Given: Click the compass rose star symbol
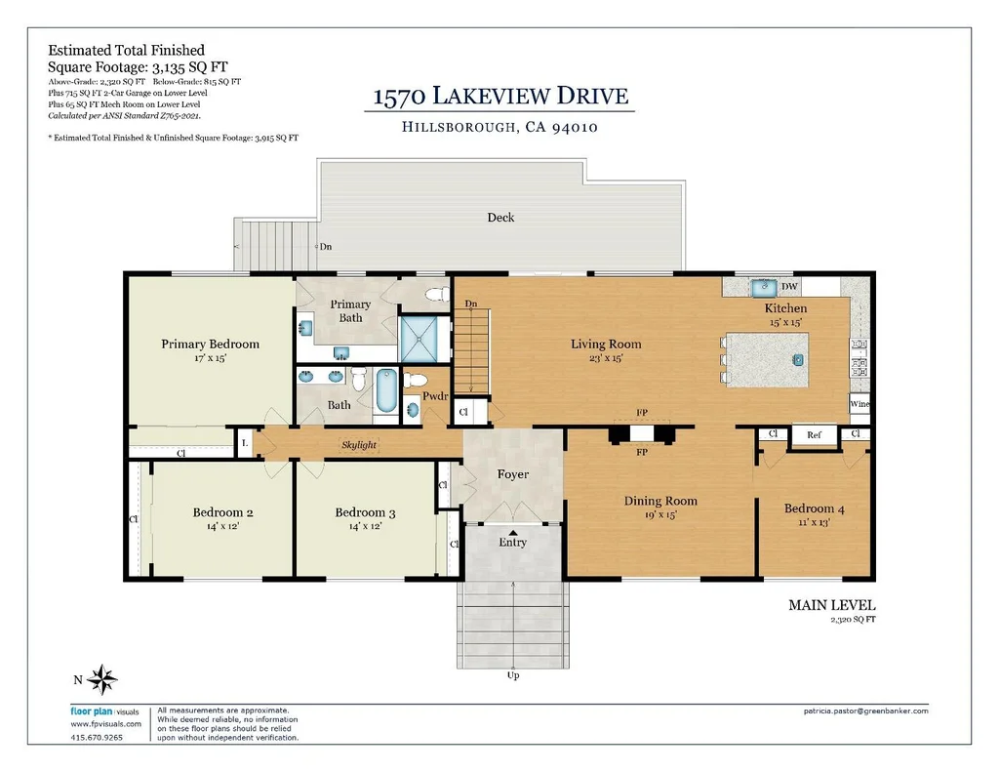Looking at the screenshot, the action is pyautogui.click(x=101, y=679).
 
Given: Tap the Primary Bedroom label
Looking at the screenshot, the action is pyautogui.click(x=211, y=345).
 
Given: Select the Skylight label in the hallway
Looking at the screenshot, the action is pyautogui.click(x=359, y=445).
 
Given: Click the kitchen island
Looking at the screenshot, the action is pyautogui.click(x=768, y=360).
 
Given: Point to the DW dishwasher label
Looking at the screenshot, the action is pyautogui.click(x=789, y=287).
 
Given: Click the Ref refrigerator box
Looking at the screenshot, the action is pyautogui.click(x=815, y=435).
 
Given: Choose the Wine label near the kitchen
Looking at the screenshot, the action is pyautogui.click(x=859, y=403).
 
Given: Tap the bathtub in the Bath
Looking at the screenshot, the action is pyautogui.click(x=386, y=390).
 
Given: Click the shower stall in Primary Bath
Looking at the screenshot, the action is pyautogui.click(x=419, y=339).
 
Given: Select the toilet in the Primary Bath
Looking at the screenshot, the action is pyautogui.click(x=437, y=295).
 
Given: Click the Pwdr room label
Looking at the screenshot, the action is pyautogui.click(x=435, y=396).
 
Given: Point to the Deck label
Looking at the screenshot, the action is pyautogui.click(x=500, y=218).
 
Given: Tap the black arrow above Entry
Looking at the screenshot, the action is pyautogui.click(x=513, y=532).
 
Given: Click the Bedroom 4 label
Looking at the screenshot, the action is pyautogui.click(x=815, y=508).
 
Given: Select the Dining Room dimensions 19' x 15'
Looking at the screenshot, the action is pyautogui.click(x=660, y=515).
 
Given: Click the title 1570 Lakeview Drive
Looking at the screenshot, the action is pyautogui.click(x=500, y=96).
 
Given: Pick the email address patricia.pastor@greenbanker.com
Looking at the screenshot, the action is pyautogui.click(x=866, y=711).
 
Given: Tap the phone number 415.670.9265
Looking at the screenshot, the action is pyautogui.click(x=97, y=737).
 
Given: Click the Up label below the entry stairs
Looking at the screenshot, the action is pyautogui.click(x=513, y=675).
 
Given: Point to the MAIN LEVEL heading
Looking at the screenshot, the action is pyautogui.click(x=832, y=605).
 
